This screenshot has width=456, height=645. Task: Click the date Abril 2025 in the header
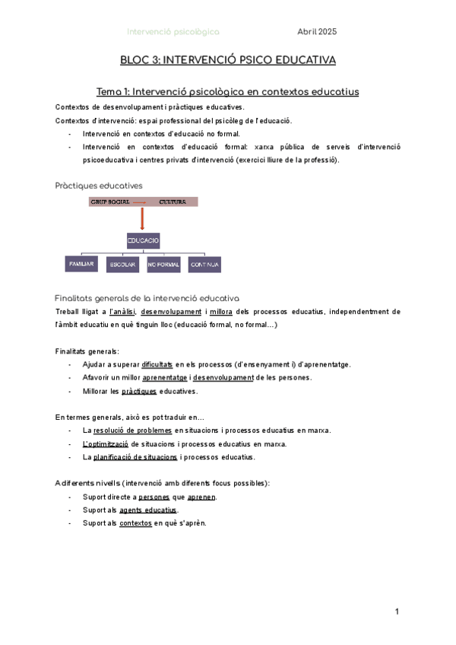[317, 32]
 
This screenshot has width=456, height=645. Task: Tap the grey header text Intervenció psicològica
[173, 32]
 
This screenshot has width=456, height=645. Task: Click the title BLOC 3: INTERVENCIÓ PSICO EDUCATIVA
[228, 59]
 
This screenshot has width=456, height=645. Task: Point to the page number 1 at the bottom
[397, 612]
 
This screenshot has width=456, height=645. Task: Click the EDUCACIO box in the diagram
[143, 240]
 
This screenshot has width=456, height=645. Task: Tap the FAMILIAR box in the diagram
[81, 264]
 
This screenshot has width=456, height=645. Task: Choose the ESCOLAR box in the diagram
[122, 265]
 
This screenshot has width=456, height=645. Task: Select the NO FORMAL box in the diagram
[164, 265]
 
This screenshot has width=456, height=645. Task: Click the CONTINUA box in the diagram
[205, 265]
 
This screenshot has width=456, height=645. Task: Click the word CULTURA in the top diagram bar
[173, 202]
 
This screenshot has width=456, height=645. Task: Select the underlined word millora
[220, 312]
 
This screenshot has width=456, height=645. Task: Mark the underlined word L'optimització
[105, 443]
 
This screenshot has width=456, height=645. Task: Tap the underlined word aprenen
[201, 497]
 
